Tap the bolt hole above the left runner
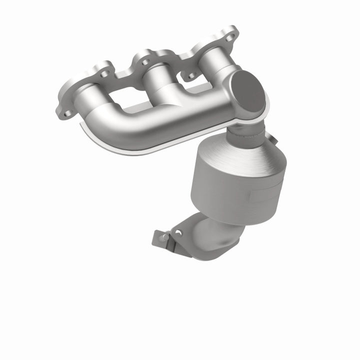[x=104, y=74]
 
